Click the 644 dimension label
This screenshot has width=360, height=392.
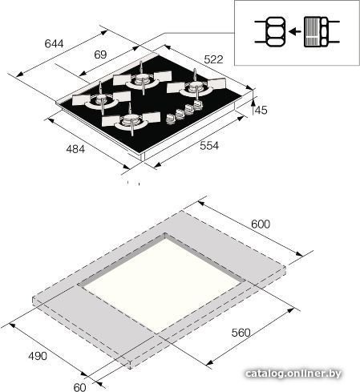pos(55,43)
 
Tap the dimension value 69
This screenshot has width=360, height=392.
pos(100,55)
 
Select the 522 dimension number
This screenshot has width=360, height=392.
pos(213,59)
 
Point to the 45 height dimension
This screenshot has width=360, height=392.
pos(261,110)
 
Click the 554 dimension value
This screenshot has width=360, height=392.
pos(209,146)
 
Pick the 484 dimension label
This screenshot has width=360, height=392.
pos(75,149)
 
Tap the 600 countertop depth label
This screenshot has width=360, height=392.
pos(261,224)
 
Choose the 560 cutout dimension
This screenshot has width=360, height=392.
pos(241,333)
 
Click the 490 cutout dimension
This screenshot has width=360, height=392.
pos(38,356)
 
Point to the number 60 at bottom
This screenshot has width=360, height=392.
pos(79,387)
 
